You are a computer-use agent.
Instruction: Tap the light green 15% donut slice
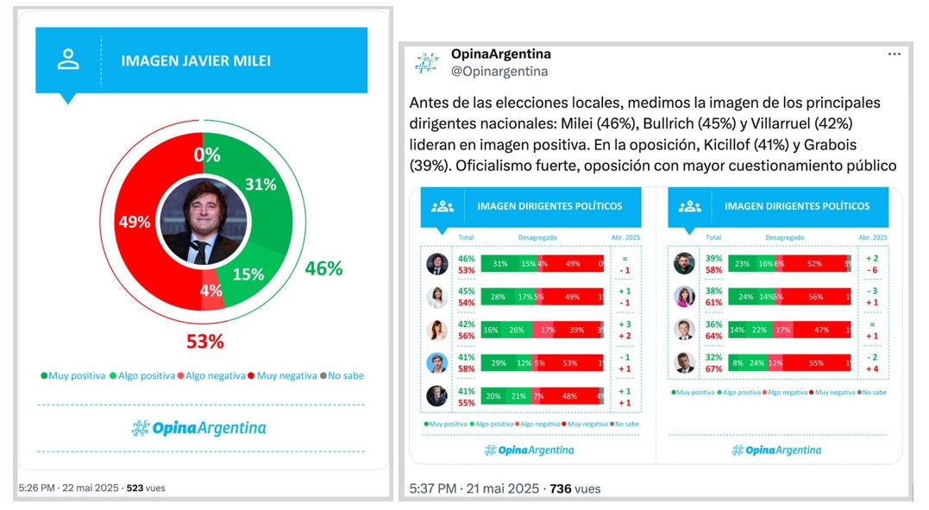tap(248, 274)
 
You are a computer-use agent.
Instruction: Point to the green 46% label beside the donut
tap(323, 268)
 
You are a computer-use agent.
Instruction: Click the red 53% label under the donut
tap(205, 341)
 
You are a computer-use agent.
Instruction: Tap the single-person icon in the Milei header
tap(68, 59)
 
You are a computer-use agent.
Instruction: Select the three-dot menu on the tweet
tap(894, 54)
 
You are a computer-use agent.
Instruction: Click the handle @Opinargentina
tap(499, 72)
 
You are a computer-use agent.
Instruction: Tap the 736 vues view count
tap(574, 488)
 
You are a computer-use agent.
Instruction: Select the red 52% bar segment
tap(814, 264)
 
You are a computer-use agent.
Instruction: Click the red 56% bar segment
tap(815, 298)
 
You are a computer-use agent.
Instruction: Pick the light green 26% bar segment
tap(516, 331)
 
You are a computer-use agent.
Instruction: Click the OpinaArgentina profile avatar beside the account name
tap(426, 62)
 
